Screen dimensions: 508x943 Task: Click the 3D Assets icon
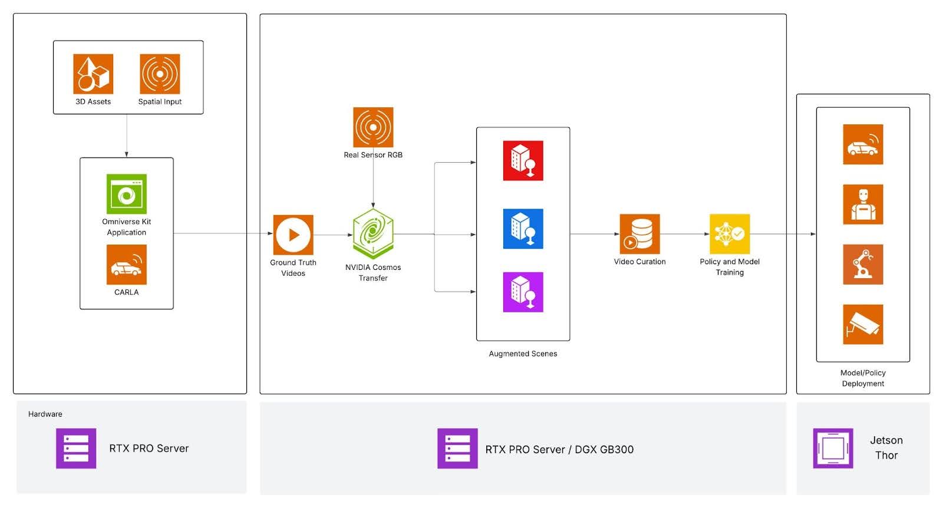point(93,74)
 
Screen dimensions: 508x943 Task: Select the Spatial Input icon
point(160,74)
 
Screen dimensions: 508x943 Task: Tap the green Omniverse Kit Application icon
point(127,194)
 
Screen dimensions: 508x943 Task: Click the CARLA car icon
point(127,265)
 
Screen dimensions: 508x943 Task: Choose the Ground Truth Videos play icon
point(293,235)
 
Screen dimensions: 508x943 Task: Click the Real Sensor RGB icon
point(373,127)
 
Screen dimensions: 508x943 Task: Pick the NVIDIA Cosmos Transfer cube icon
point(373,234)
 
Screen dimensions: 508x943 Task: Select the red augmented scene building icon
point(523,160)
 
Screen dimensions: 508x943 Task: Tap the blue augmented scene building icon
point(523,229)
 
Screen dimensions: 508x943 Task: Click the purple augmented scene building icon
point(523,292)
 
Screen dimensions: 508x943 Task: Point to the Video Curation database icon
point(639,234)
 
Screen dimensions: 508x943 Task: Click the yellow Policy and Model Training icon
point(730,234)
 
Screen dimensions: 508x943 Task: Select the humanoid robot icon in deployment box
point(863,204)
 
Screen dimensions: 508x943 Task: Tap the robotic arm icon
point(863,265)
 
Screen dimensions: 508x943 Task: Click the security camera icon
point(863,325)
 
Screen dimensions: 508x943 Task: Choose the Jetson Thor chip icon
point(833,448)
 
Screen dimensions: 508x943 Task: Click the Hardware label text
point(45,414)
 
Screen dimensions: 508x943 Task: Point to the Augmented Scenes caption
point(523,354)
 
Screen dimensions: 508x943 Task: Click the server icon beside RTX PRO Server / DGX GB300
point(457,448)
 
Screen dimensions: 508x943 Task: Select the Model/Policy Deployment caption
point(863,378)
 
